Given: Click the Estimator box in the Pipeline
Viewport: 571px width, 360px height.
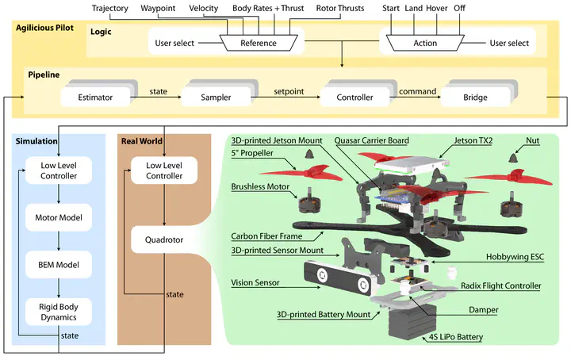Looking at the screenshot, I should tap(97, 98).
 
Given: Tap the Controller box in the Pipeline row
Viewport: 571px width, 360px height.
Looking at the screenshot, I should tap(354, 98).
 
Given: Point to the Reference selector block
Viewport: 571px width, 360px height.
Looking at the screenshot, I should tap(259, 43).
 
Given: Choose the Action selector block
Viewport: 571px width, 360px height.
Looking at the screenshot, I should tap(425, 43).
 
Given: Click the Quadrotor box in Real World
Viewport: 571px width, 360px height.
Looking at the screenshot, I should tap(164, 238).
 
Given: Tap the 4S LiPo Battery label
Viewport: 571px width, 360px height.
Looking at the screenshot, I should tap(455, 338).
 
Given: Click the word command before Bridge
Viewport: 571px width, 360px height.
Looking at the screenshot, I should tap(418, 93).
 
